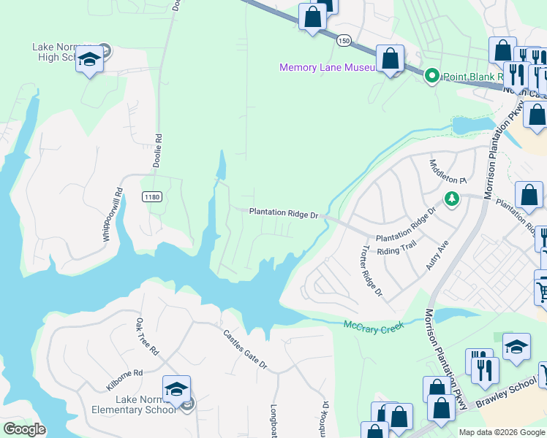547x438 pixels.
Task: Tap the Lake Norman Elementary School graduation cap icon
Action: (176, 389)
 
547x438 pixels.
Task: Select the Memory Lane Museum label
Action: (327, 68)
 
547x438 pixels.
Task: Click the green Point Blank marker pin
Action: (431, 75)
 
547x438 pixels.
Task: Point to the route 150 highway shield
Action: (343, 42)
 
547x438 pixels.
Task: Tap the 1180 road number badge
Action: (151, 197)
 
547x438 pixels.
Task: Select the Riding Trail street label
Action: (396, 251)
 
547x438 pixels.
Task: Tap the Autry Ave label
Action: (437, 254)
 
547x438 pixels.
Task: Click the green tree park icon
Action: (452, 199)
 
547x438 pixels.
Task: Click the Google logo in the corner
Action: (24, 429)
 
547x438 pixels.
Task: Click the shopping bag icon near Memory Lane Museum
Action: (391, 58)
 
